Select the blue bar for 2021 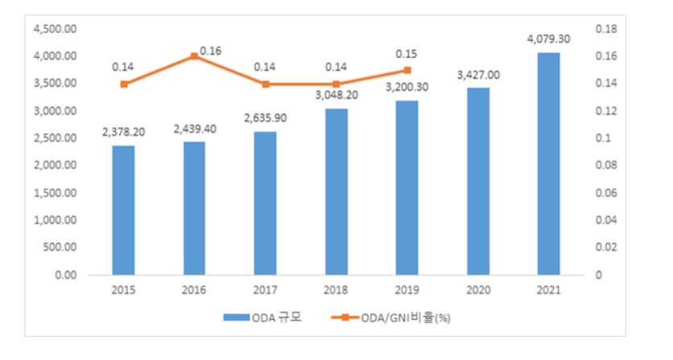point(548,163)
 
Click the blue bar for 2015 point(124,210)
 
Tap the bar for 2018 point(336,192)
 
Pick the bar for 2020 point(478,181)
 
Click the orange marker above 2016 point(195,56)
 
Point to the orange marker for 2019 point(407,70)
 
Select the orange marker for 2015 point(124,85)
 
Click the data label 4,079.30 point(548,39)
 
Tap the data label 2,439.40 point(195,129)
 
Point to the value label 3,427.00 point(478,75)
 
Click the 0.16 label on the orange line point(211,51)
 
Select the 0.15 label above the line point(407,54)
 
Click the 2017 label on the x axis point(265,290)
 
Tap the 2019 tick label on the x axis point(407,290)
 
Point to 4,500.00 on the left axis point(56,29)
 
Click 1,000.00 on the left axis point(56,220)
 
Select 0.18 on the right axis point(606,29)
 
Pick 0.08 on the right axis point(606,165)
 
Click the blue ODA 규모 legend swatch point(237,317)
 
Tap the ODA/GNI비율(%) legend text point(406,318)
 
